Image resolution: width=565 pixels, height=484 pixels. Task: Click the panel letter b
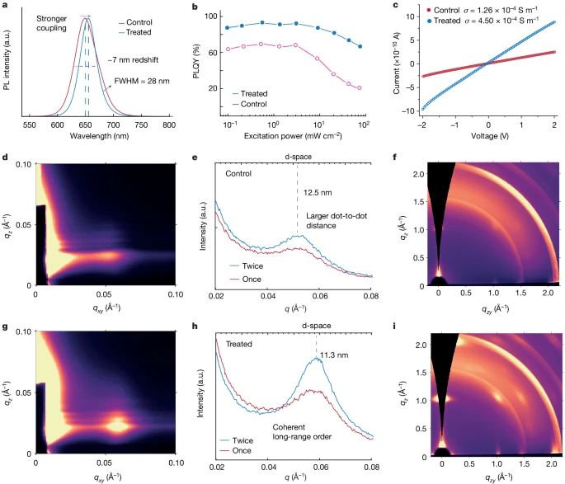pos(194,7)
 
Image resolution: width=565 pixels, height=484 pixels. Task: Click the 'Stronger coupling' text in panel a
pos(55,22)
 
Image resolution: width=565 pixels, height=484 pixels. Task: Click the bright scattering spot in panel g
pos(120,425)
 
